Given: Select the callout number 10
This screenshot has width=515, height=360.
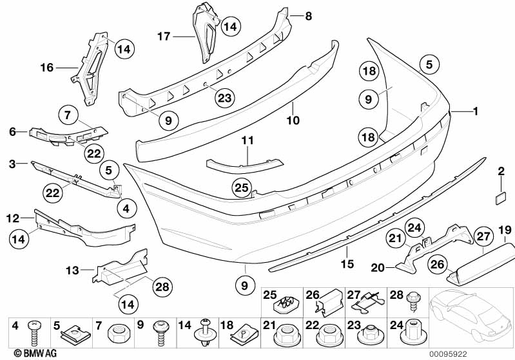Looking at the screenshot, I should [293, 120].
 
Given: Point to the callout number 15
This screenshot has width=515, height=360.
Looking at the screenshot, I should [347, 263].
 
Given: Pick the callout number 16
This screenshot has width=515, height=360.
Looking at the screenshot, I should [46, 66].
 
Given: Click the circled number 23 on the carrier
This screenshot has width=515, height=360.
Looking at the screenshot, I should [224, 98].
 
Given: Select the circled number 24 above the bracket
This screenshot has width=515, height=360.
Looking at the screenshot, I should [414, 227].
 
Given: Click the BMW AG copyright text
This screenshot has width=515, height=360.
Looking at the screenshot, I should [25, 353].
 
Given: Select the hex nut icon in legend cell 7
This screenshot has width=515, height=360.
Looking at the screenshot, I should [119, 334].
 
